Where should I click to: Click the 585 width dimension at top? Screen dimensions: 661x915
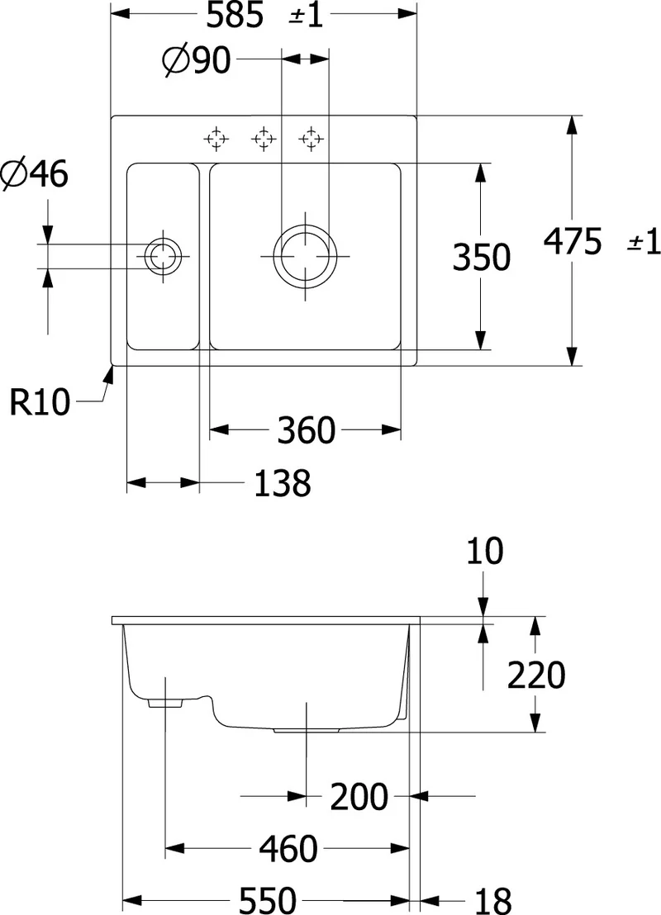(x=235, y=15)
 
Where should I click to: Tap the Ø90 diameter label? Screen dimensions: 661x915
(x=196, y=59)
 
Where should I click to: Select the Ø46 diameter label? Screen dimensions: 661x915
(x=35, y=174)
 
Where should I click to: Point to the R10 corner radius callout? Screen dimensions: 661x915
(x=40, y=402)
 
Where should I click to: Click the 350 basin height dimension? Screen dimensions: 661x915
(x=481, y=257)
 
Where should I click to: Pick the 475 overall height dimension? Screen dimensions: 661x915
(x=573, y=241)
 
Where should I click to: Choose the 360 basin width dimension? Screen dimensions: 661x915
(x=306, y=430)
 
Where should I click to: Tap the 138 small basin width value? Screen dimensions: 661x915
(x=283, y=483)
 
